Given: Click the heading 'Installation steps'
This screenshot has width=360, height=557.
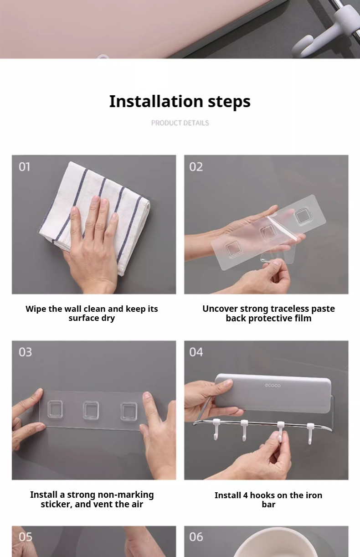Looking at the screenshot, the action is (180, 102).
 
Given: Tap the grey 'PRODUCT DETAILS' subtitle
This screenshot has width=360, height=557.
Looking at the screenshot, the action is (180, 123).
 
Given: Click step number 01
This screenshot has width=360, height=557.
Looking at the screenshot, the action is (24, 167).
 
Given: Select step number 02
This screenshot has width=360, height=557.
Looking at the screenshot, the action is (196, 167).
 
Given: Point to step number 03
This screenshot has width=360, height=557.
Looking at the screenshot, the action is (25, 352).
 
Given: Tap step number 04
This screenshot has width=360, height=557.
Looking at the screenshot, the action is (196, 352).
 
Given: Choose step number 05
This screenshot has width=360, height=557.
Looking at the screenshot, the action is (26, 537).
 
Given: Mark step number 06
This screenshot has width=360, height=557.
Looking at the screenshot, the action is (196, 537).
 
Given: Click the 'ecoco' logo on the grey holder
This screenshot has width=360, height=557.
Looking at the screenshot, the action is (273, 386).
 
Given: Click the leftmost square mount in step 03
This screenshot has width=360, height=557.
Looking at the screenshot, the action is (55, 409).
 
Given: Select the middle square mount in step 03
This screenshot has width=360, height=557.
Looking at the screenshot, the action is (91, 410).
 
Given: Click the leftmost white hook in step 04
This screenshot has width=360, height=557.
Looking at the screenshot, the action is (216, 429).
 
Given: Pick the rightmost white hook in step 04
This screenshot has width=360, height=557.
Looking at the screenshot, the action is (310, 433).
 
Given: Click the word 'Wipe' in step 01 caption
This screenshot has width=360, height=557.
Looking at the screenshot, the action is (36, 309).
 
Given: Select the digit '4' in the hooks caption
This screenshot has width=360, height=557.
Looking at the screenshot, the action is (245, 495).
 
